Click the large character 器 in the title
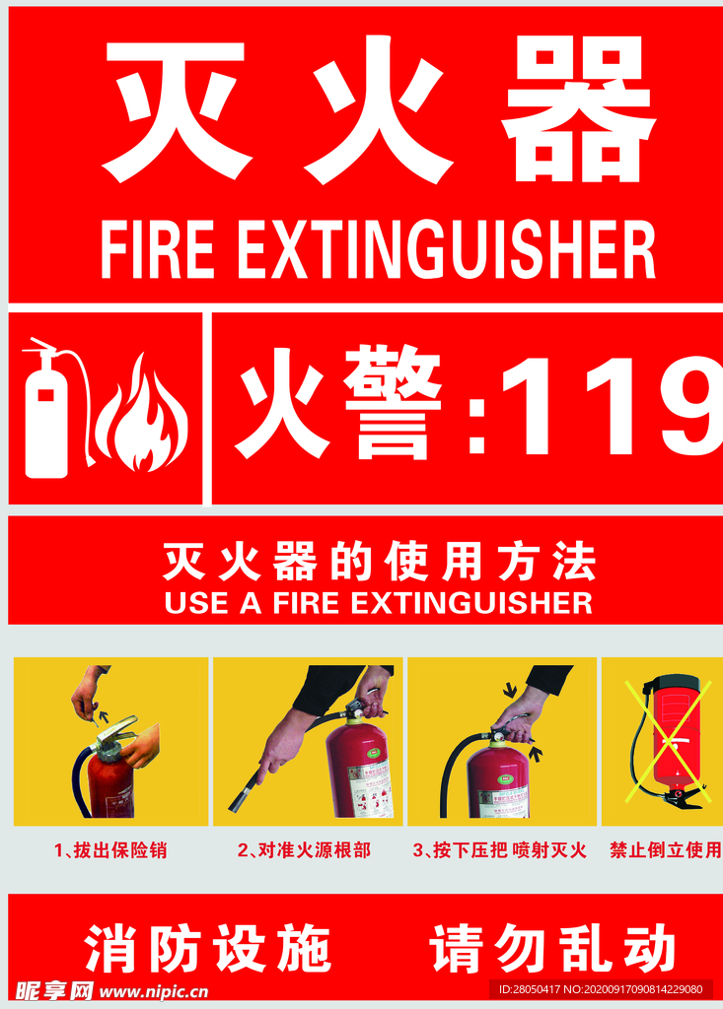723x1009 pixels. (x=578, y=110)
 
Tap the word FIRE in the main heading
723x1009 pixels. (x=157, y=250)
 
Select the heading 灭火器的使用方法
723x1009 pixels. (x=379, y=563)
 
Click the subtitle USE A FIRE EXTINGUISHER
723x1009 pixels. (x=379, y=603)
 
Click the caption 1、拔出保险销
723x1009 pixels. (x=110, y=849)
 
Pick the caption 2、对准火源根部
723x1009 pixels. (x=304, y=849)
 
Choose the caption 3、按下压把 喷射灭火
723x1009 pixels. (x=499, y=849)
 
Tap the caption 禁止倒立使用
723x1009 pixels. (x=665, y=849)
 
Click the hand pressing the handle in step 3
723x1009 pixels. (x=519, y=714)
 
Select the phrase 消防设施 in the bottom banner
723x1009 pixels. (x=208, y=950)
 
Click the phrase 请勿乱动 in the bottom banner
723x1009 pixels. (x=552, y=950)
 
